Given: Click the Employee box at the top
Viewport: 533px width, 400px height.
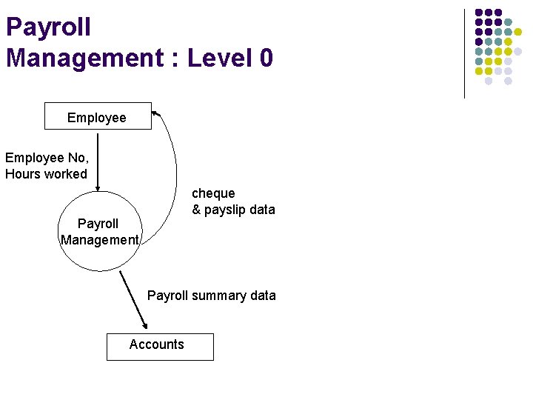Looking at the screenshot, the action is click(x=97, y=117).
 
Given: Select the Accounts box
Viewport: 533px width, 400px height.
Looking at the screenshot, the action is click(x=159, y=346).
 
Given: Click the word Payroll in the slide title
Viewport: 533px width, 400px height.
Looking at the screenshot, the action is click(x=48, y=27).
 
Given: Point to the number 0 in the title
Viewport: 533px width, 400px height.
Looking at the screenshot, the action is click(x=266, y=57).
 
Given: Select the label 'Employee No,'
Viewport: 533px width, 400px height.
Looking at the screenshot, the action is click(x=47, y=157).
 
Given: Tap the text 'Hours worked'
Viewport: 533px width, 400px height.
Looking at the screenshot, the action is click(x=46, y=174).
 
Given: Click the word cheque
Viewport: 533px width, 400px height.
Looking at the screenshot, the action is click(x=213, y=193).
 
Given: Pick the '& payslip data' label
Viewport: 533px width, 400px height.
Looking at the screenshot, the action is click(x=233, y=210).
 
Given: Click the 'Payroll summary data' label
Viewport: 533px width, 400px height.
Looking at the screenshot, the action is click(x=211, y=296).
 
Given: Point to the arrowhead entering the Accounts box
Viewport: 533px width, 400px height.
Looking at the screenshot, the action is click(x=144, y=325).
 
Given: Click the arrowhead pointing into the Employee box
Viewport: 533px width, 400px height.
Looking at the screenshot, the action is click(x=155, y=113).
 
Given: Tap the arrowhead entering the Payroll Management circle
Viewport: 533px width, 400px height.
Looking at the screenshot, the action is click(x=98, y=187).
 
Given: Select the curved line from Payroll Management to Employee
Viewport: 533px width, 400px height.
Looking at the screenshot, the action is click(x=175, y=163).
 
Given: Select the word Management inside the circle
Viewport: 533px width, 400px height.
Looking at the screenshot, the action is click(x=99, y=239).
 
